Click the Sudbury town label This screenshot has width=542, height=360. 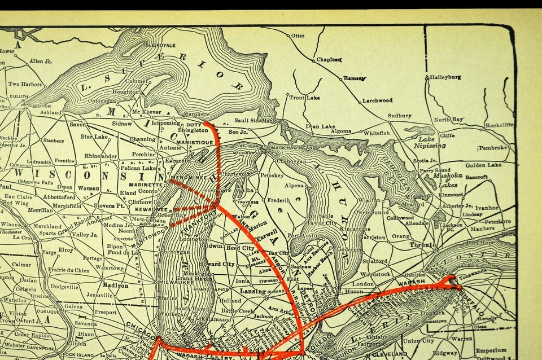[400, 116]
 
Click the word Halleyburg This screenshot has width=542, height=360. [445, 77]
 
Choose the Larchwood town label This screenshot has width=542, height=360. [378, 101]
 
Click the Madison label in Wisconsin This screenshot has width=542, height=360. [116, 285]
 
